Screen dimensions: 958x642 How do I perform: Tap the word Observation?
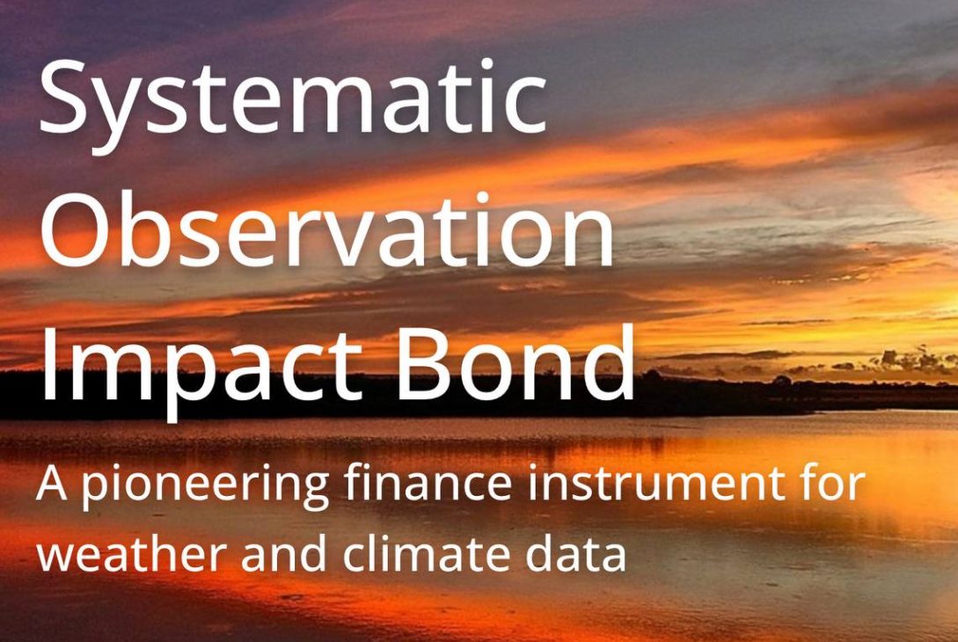(x=327, y=229)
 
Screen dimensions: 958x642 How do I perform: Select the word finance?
(x=428, y=483)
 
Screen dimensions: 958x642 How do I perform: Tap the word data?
(x=575, y=552)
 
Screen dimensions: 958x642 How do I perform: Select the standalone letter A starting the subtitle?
(x=52, y=485)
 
